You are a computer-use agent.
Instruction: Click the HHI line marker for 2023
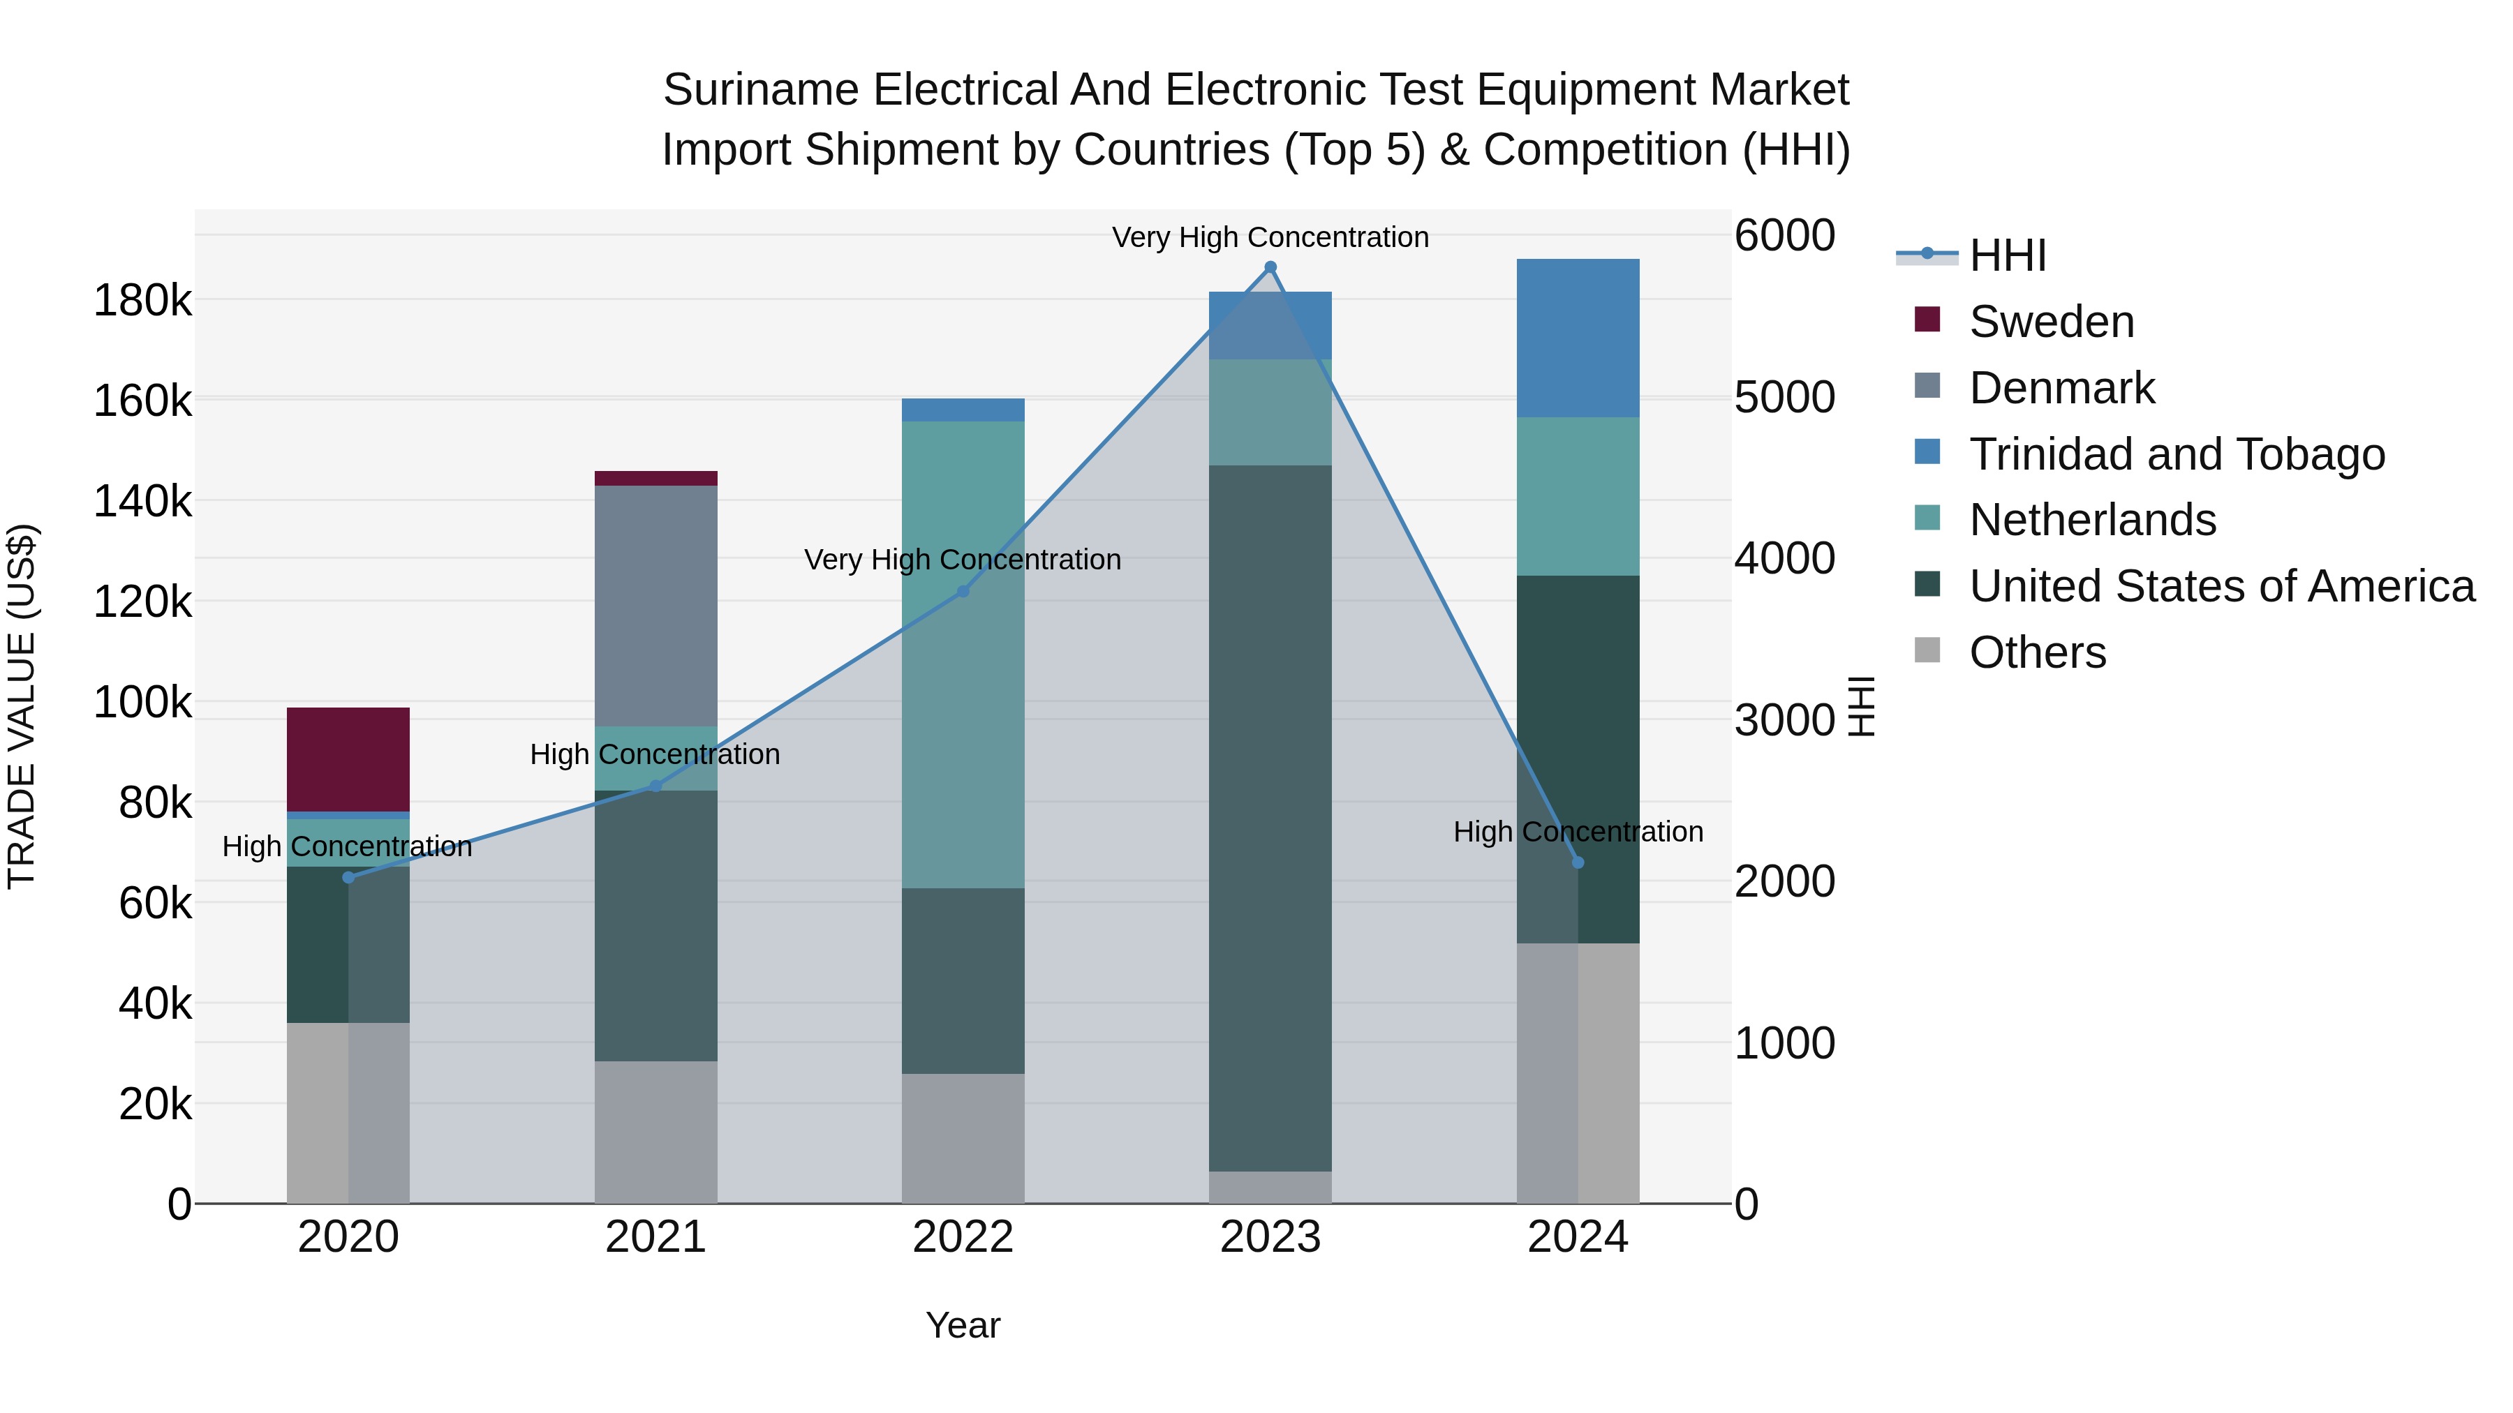[x=1270, y=267]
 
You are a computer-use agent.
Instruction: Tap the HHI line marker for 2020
[x=348, y=878]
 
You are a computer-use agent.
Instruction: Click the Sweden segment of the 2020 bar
[x=348, y=758]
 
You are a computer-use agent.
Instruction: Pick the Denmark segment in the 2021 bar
[x=655, y=604]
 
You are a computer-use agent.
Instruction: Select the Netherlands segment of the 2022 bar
[x=963, y=653]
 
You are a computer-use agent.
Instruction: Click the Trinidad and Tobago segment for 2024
[x=1578, y=338]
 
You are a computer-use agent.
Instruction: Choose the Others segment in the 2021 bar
[x=655, y=1131]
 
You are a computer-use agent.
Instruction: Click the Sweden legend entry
[x=2051, y=322]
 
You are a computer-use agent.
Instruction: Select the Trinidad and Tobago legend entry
[x=2175, y=454]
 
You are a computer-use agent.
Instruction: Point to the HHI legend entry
[x=2007, y=255]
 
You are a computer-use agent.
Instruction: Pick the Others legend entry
[x=2037, y=652]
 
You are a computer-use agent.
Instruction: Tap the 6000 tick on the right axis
[x=1784, y=235]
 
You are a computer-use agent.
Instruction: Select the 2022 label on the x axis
[x=963, y=1237]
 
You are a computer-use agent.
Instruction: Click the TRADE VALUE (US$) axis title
[x=22, y=706]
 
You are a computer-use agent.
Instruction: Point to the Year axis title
[x=963, y=1325]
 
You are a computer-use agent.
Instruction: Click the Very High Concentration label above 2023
[x=1270, y=237]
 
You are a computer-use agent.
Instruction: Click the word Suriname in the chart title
[x=760, y=90]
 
